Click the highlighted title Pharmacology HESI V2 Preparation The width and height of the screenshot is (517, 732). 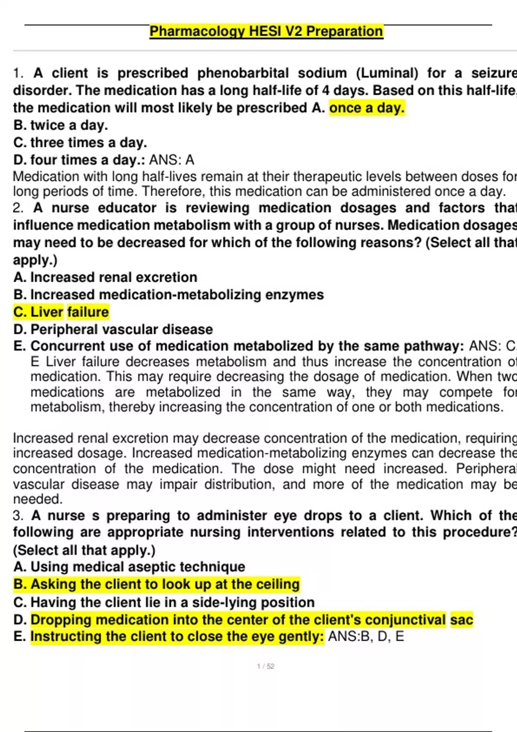coord(266,31)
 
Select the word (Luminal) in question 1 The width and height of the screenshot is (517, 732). coord(387,73)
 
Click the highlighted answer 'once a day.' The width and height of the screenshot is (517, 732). coord(367,108)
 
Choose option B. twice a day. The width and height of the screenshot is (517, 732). coord(61,125)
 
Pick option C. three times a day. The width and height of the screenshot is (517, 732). coord(80,143)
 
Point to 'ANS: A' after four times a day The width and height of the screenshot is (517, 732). coord(172,160)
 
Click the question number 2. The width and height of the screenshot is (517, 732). coord(18,208)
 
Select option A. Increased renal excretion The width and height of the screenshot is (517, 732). coord(106,277)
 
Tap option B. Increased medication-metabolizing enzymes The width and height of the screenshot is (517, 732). coord(168,295)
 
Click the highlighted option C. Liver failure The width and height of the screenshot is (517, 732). coord(61,312)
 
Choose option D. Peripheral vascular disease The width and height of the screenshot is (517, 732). coord(113,329)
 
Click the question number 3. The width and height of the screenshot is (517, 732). coord(18,515)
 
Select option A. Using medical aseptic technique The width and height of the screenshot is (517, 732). coord(129,567)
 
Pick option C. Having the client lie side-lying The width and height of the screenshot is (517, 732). coord(164,602)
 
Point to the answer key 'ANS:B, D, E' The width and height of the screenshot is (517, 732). coord(366,636)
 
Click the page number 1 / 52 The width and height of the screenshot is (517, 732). coord(265,666)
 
